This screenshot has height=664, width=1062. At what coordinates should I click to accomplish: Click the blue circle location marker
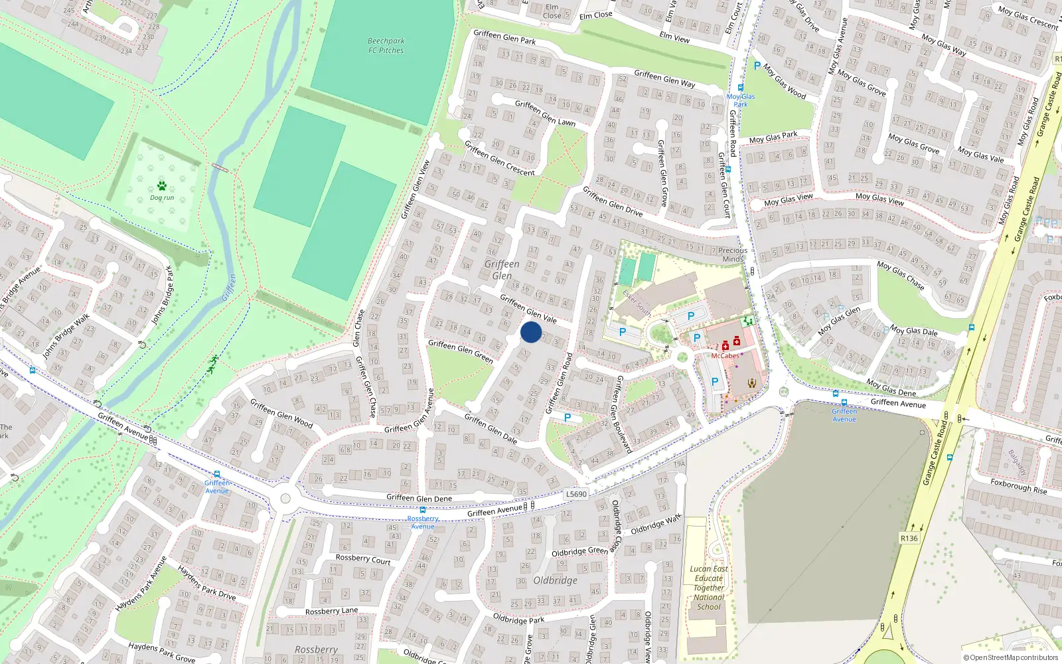click(x=531, y=332)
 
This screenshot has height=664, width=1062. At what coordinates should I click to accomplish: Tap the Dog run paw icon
click(x=162, y=186)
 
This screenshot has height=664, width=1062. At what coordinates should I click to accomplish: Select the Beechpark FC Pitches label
click(x=386, y=46)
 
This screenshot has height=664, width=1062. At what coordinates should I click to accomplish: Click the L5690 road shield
click(x=576, y=494)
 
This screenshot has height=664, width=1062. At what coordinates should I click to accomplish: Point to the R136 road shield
click(x=909, y=538)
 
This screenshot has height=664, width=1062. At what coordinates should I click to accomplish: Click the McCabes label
click(x=725, y=356)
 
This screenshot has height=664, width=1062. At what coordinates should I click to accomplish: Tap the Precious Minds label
click(x=733, y=255)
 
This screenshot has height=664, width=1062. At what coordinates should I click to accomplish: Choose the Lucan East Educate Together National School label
click(x=709, y=588)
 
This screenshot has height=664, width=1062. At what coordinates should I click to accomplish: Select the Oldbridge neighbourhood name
click(x=555, y=580)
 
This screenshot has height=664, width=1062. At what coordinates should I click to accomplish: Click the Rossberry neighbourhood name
click(x=316, y=649)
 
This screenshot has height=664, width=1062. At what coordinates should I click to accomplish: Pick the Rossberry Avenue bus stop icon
click(x=423, y=510)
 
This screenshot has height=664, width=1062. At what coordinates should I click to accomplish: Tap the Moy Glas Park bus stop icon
click(x=741, y=88)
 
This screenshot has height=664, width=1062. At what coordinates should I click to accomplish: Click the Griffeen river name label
click(x=229, y=288)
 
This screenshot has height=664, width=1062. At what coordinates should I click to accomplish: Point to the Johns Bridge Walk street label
click(x=66, y=337)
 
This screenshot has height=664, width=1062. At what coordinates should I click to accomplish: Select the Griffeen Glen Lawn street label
click(x=545, y=113)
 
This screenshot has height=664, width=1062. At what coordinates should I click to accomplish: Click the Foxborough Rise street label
click(x=1018, y=486)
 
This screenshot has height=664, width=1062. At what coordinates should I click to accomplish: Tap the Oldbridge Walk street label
click(x=656, y=524)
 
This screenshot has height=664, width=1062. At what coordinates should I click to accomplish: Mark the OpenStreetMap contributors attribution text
click(x=1010, y=658)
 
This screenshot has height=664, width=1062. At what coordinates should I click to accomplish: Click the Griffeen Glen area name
click(x=502, y=270)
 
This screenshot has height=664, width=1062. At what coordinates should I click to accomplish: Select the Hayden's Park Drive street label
click(x=206, y=583)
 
